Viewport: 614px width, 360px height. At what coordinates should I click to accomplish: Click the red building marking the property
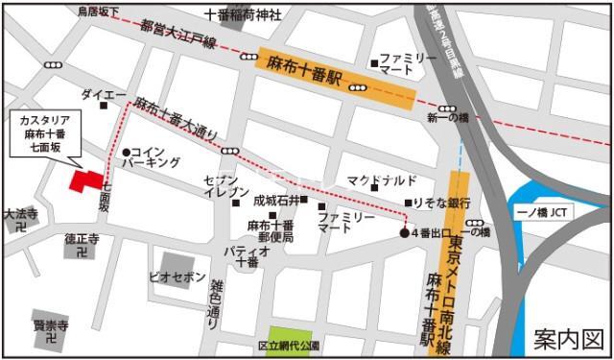[85, 183]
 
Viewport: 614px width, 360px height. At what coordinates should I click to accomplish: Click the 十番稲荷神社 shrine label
[244, 15]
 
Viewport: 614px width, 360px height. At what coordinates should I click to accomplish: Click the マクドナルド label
[381, 180]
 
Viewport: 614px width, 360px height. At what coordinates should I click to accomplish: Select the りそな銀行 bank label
[442, 204]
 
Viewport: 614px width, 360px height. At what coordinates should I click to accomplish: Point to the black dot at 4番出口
[404, 232]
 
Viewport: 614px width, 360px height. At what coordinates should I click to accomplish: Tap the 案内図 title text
[569, 338]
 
